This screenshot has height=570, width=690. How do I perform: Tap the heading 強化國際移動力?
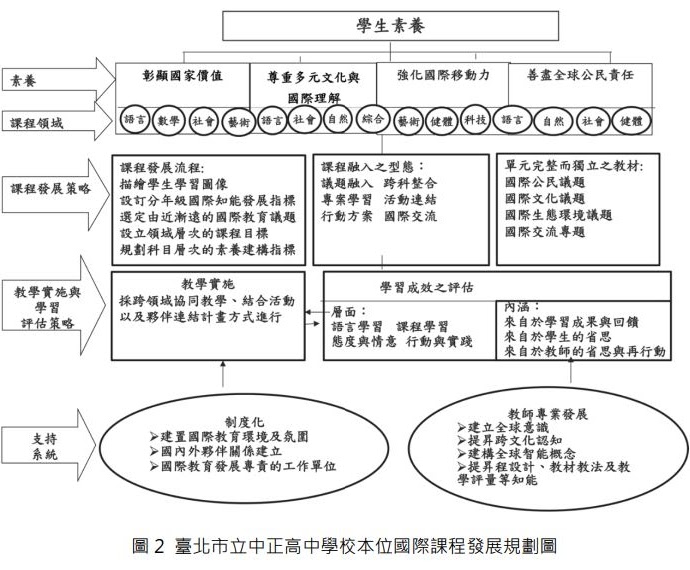[443, 74]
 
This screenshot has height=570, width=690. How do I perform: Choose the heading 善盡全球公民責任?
[579, 75]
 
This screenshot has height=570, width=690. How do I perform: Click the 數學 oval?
[168, 120]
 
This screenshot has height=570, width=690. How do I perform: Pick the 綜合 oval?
[374, 119]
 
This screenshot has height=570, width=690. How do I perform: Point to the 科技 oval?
[475, 120]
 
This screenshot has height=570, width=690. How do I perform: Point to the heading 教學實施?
[209, 283]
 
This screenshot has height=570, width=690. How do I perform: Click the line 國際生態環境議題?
[559, 214]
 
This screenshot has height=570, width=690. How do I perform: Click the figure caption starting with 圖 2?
[345, 546]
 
